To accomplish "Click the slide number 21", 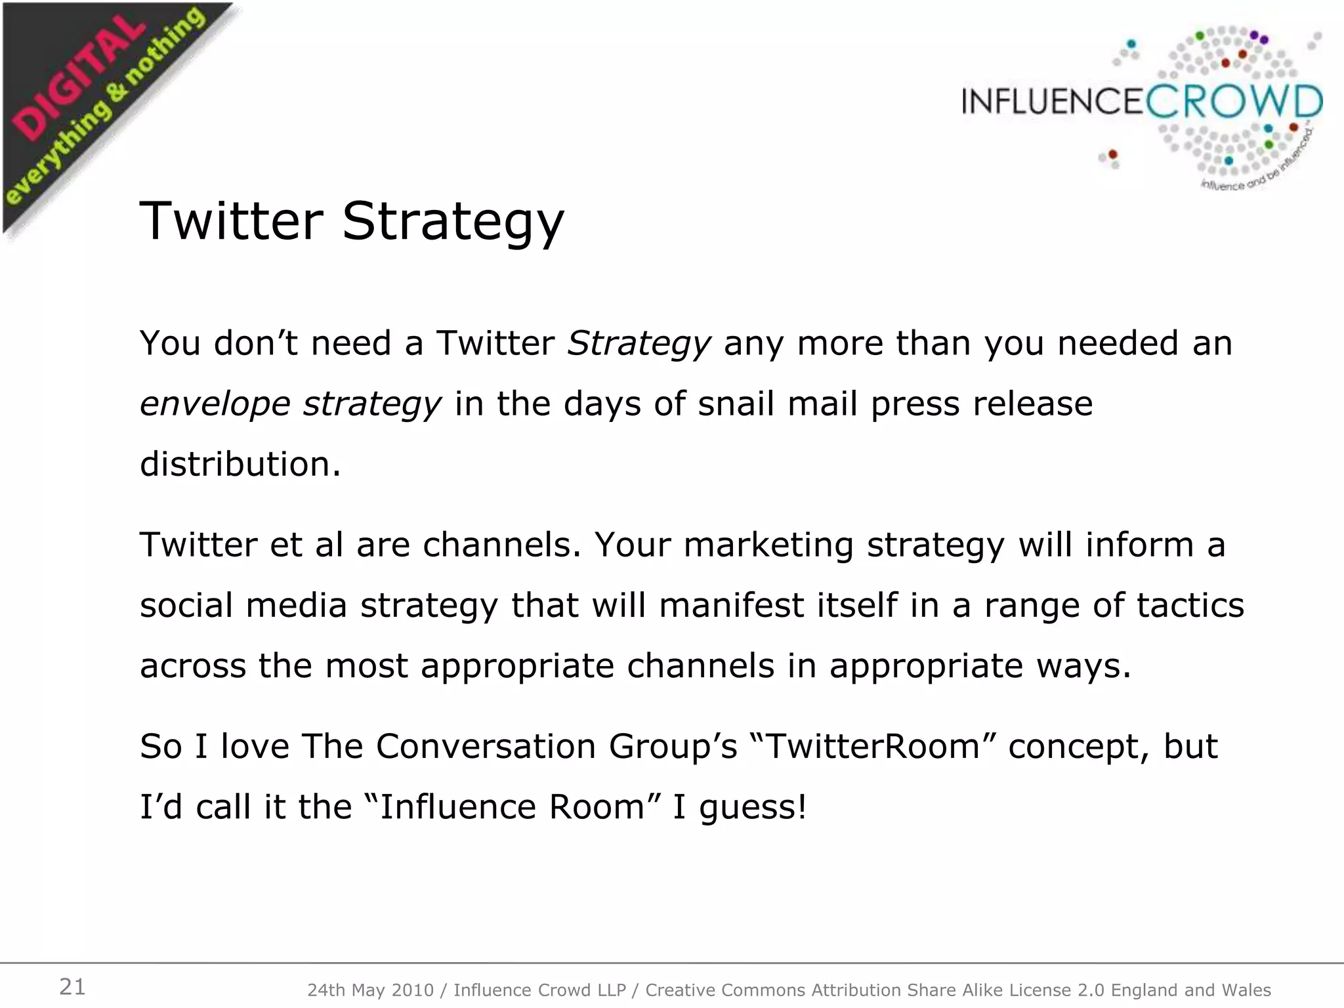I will click(x=72, y=986).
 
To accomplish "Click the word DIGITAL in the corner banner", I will click(x=79, y=81).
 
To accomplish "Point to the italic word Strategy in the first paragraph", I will click(x=639, y=343).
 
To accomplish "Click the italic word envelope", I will click(x=215, y=404).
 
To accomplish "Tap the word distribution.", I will click(x=240, y=464).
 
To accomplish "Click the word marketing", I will click(x=768, y=545).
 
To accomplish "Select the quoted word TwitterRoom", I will click(x=872, y=746).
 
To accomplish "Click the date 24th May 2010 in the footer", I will click(x=370, y=990).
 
